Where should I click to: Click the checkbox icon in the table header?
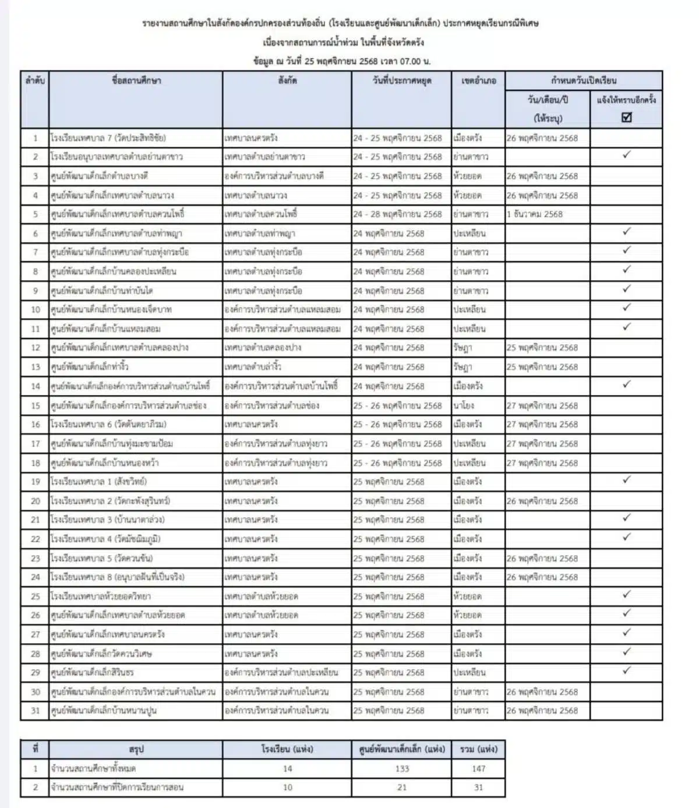pyautogui.click(x=626, y=117)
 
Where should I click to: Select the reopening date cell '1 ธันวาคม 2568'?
pyautogui.click(x=534, y=214)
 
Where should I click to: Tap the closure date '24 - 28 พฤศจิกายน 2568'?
pyautogui.click(x=397, y=214)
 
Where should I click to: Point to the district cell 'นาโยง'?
pyautogui.click(x=464, y=405)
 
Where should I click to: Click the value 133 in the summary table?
pyautogui.click(x=401, y=768)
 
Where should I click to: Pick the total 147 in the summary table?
pyautogui.click(x=478, y=768)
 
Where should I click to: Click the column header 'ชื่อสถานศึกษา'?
pyautogui.click(x=136, y=80)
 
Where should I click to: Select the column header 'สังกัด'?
pyautogui.click(x=287, y=80)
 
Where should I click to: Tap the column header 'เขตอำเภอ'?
pyautogui.click(x=478, y=80)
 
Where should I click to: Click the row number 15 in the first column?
pyautogui.click(x=36, y=405)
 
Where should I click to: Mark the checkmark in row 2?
pyautogui.click(x=626, y=156)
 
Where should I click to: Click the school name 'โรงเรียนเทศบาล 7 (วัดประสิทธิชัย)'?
pyautogui.click(x=108, y=138)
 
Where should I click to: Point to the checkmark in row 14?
pyautogui.click(x=626, y=384)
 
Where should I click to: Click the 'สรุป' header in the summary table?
pyautogui.click(x=136, y=749)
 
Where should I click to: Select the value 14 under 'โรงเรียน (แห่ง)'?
pyautogui.click(x=287, y=768)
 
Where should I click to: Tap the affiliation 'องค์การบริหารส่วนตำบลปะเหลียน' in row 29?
pyautogui.click(x=281, y=672)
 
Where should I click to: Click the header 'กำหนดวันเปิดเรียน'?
pyautogui.click(x=583, y=80)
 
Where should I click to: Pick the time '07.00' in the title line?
pyautogui.click(x=411, y=61)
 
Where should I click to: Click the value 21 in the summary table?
pyautogui.click(x=401, y=787)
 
